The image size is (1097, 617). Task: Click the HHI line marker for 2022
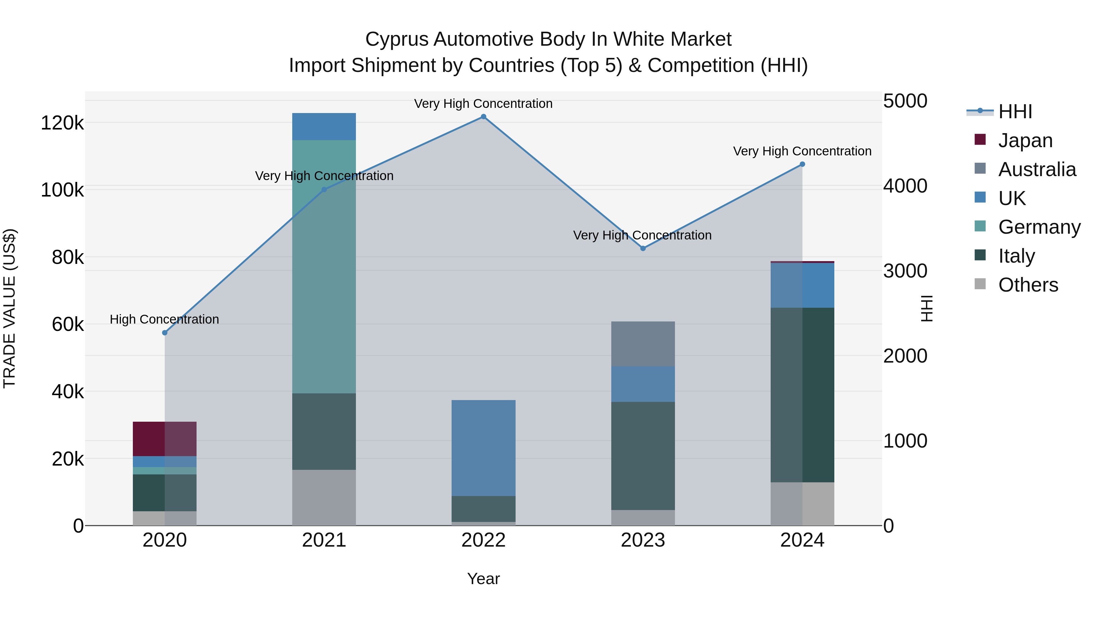483,117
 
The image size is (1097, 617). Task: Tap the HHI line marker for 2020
165,332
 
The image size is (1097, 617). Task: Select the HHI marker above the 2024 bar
802,164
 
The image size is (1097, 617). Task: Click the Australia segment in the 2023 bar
643,344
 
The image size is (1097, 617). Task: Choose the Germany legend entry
1039,227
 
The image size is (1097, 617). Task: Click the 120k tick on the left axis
62,123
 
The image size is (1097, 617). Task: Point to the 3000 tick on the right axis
905,271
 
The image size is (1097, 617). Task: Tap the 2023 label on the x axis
643,540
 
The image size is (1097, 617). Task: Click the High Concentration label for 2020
164,319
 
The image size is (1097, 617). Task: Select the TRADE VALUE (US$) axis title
9,308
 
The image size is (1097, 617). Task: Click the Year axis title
483,579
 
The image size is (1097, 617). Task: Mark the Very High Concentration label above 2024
802,151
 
